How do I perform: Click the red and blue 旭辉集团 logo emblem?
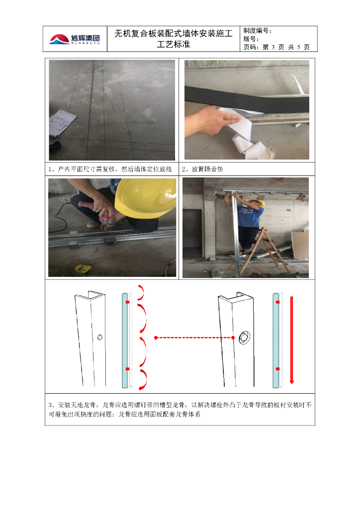[59, 39]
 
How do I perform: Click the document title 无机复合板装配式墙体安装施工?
[174, 34]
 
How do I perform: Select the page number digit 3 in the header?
[273, 47]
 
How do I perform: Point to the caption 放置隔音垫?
[207, 169]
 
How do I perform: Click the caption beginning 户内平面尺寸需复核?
[114, 169]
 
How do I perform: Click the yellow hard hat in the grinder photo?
[145, 197]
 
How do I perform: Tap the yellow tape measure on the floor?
[84, 268]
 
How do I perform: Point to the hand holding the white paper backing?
[207, 120]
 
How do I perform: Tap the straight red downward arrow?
[291, 340]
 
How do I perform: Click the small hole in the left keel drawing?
[100, 338]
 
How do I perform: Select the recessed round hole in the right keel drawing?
[244, 338]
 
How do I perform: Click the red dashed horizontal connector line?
[194, 338]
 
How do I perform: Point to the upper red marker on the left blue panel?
[128, 302]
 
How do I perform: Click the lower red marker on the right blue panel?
[277, 369]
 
